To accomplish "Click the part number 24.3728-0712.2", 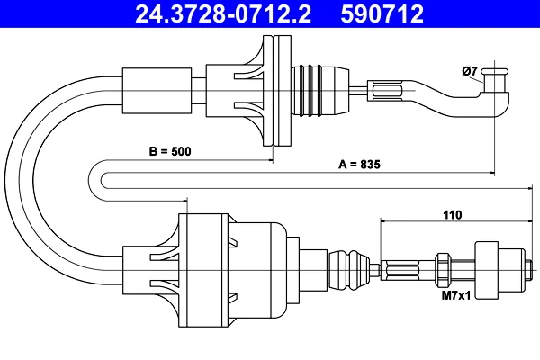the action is coord(223,13).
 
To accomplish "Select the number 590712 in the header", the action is coord(382,13).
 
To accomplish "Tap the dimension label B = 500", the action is coord(170,151).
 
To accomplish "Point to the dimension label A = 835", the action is coord(359,165).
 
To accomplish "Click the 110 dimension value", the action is coord(452,215).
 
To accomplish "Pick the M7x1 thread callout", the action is coord(456,295).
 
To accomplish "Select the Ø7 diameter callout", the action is coord(470,71).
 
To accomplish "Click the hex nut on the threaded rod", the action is coord(443,269).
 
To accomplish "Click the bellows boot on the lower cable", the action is coord(348,269).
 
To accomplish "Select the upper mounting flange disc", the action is coord(277,91).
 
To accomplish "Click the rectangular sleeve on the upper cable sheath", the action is coord(157,91).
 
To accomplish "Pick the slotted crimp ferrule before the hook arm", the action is coord(388,91).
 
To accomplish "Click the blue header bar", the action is coord(270,13).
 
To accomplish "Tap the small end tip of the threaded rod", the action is coord(529,269).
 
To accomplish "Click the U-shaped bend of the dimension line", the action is coord(95,180).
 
